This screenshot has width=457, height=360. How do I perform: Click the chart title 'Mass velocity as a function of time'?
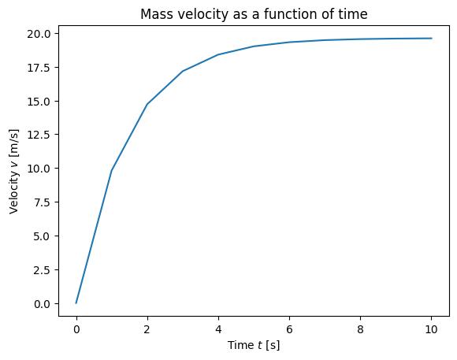[254, 14]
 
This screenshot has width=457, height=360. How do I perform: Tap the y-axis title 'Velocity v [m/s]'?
[13, 172]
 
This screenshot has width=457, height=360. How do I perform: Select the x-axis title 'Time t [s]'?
[254, 345]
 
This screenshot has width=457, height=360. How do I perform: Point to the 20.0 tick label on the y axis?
[39, 34]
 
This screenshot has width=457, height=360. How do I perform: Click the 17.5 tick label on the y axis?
[39, 68]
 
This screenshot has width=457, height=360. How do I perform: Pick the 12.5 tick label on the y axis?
[39, 135]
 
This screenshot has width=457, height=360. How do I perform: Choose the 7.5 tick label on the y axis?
[43, 202]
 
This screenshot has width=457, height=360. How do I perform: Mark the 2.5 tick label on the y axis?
[43, 270]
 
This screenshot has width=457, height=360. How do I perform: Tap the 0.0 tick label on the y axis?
[43, 304]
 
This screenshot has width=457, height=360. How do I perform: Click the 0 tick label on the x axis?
[76, 329]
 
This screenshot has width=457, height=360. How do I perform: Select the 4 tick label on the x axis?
[218, 329]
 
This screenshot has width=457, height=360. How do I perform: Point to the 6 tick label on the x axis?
[289, 329]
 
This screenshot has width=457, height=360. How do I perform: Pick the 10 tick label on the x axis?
[431, 329]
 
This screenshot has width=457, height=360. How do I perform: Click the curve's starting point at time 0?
[76, 303]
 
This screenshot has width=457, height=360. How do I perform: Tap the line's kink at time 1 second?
[112, 170]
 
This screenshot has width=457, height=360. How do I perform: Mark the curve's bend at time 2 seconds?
[147, 104]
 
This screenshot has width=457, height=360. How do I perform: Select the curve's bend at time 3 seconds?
[183, 71]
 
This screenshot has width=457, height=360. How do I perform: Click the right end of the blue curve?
[432, 38]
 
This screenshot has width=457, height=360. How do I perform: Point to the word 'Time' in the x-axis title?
[241, 345]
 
